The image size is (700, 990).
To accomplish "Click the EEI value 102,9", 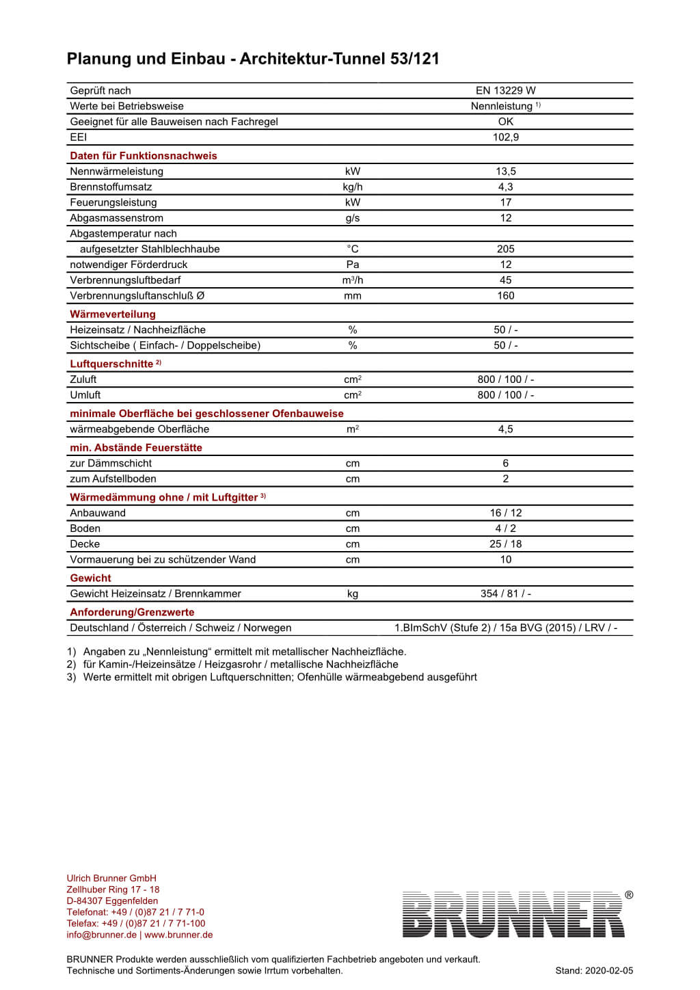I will point(505,137).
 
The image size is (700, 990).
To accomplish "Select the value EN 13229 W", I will point(505,90).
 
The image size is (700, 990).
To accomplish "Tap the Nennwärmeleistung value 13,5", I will point(505,172).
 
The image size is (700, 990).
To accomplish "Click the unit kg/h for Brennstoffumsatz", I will point(353,187).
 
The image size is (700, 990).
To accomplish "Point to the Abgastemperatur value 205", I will point(505,250).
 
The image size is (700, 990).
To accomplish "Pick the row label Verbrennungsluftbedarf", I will point(125,280).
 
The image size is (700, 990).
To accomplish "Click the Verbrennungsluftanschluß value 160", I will point(505,296).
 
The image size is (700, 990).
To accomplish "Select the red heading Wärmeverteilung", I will point(113,315).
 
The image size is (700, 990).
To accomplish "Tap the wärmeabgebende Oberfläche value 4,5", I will point(505,429).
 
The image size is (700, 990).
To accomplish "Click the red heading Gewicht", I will point(90,578).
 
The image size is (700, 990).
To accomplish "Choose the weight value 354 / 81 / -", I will point(505,594).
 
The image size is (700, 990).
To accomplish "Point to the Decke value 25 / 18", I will point(505,544).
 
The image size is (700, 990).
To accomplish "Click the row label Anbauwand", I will point(98,513).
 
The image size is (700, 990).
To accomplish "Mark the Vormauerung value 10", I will point(505,560).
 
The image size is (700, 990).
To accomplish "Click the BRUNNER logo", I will point(513,914).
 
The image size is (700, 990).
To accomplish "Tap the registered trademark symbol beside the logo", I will point(629,895).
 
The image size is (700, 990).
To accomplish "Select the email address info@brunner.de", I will point(102,935).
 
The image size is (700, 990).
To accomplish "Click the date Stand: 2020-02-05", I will point(594,971).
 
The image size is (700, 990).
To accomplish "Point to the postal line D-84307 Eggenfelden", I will point(112,901).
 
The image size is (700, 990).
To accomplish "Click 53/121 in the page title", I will point(414,59).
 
